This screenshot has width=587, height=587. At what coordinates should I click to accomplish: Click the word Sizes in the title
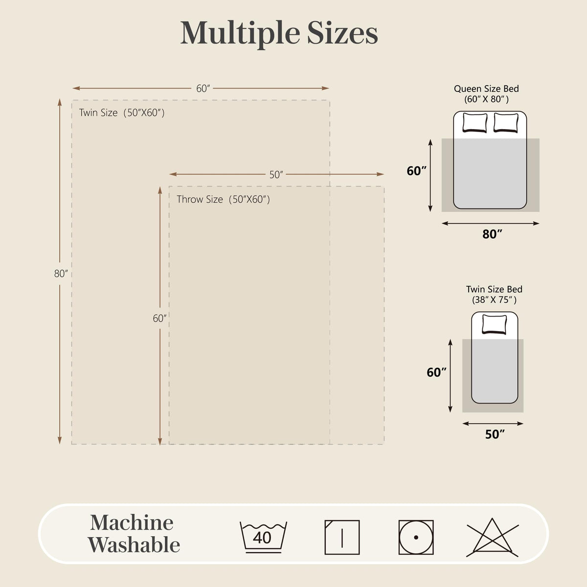pyautogui.click(x=342, y=33)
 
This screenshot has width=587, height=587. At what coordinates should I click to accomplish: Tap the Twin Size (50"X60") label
pyautogui.click(x=122, y=113)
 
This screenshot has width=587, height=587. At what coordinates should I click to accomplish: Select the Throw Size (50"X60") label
pyautogui.click(x=223, y=199)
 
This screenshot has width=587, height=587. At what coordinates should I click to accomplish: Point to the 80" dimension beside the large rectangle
pyautogui.click(x=61, y=273)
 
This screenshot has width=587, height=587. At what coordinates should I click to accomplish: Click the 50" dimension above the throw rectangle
pyautogui.click(x=276, y=175)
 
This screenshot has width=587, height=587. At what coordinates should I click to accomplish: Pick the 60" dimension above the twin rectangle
pyautogui.click(x=203, y=89)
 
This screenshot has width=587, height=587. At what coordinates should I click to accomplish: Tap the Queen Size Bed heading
pyautogui.click(x=486, y=89)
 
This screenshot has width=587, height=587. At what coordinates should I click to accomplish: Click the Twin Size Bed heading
pyautogui.click(x=494, y=289)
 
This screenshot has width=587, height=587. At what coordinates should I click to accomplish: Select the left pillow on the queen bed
pyautogui.click(x=474, y=122)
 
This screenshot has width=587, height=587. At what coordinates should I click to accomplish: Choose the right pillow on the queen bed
pyautogui.click(x=506, y=122)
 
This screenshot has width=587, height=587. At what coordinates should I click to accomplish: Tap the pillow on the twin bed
pyautogui.click(x=495, y=324)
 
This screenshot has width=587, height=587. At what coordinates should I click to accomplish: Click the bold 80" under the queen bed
pyautogui.click(x=492, y=234)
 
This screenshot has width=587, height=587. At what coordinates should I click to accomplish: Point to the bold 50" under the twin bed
pyautogui.click(x=495, y=434)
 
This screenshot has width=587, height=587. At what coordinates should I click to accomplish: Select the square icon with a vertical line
pyautogui.click(x=342, y=537)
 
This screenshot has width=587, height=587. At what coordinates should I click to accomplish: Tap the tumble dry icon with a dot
pyautogui.click(x=416, y=537)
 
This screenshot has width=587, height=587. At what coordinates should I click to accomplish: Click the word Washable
pyautogui.click(x=134, y=545)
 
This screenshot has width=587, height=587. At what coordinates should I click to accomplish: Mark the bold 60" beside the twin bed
pyautogui.click(x=436, y=372)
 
